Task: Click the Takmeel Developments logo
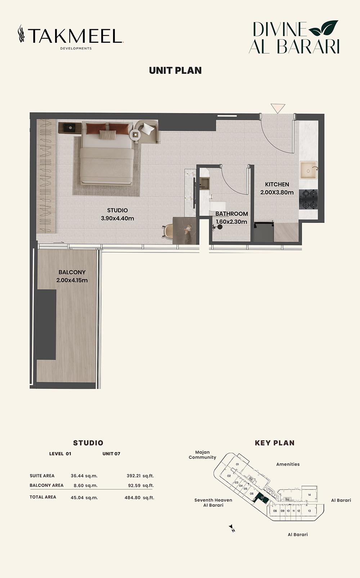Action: pos(71,37)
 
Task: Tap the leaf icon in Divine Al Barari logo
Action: pos(323,28)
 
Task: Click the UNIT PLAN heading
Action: pos(175,71)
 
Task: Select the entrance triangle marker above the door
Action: pos(278,108)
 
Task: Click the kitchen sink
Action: pos(309,170)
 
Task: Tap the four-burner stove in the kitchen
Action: pos(308,199)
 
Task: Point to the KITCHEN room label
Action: pos(277,184)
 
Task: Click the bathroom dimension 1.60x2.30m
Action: pos(231,221)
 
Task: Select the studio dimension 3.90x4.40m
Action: pos(117,218)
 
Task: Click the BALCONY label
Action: pos(72,272)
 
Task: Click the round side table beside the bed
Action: pos(135,134)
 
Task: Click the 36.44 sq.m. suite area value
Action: pos(84,476)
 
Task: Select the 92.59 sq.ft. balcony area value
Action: pos(141,485)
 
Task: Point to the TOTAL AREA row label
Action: pos(43,497)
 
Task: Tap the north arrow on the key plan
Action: pos(232,528)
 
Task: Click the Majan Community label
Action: pos(202,455)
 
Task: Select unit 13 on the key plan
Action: pos(309,511)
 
